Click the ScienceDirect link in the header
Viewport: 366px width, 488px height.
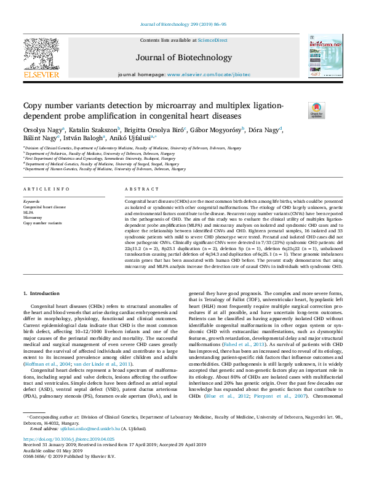click(x=212, y=41)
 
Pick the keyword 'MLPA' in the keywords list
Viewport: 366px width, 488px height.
click(x=28, y=212)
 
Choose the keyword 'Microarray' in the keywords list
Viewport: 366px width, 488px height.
click(x=33, y=218)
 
